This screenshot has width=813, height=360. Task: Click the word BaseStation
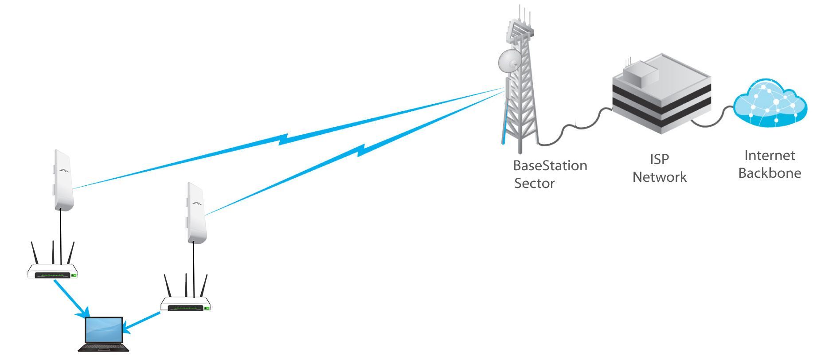(x=550, y=166)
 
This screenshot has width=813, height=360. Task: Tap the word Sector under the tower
(x=534, y=183)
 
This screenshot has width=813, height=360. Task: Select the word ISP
(x=659, y=159)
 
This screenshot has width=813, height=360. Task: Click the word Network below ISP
(x=659, y=177)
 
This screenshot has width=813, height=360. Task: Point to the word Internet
(x=770, y=156)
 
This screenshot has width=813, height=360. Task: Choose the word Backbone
(x=770, y=173)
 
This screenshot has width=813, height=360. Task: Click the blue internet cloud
(x=770, y=104)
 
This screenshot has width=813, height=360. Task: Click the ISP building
(x=662, y=98)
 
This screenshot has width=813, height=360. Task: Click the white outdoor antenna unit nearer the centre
(x=196, y=213)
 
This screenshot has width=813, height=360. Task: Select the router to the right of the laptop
(x=185, y=304)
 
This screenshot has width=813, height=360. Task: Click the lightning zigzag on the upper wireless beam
(x=284, y=140)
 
